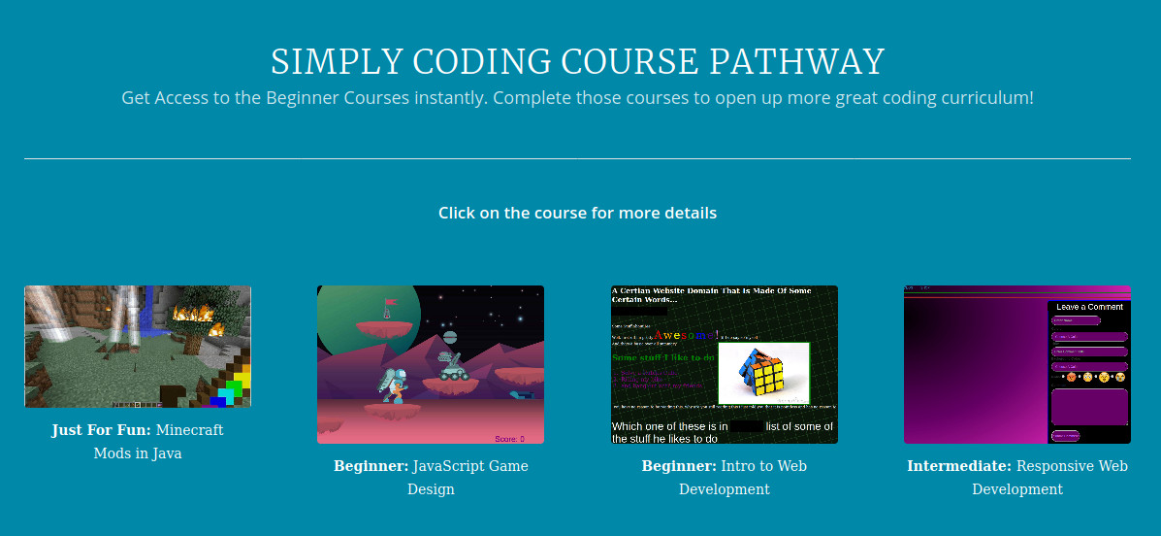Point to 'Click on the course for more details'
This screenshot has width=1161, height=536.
tap(577, 213)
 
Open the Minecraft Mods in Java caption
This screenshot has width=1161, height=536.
tap(138, 441)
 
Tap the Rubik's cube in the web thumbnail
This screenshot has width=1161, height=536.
tap(763, 371)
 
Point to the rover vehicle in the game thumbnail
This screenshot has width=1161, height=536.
tap(452, 367)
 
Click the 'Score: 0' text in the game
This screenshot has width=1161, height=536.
tap(509, 439)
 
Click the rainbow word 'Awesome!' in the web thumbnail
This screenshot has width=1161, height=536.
tap(687, 336)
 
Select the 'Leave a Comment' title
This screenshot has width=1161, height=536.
tap(1089, 307)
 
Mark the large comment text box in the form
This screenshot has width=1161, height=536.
tap(1089, 407)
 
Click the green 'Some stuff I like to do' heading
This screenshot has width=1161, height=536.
tap(663, 357)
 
